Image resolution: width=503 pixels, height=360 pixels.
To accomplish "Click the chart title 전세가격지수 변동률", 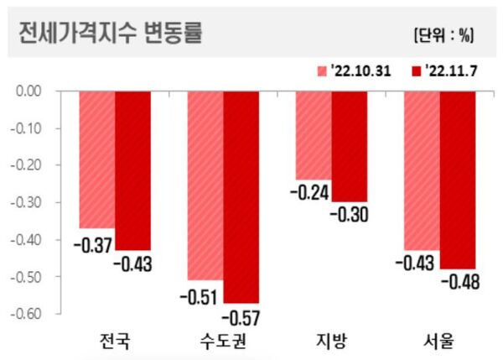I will pos(110,33).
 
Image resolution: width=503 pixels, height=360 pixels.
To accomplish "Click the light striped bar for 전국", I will pos(97,159).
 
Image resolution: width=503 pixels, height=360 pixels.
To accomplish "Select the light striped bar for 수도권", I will pos(205,185).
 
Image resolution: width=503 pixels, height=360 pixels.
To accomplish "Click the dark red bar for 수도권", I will pos(241,196).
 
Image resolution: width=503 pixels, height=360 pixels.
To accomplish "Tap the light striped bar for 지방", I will pos(314,135).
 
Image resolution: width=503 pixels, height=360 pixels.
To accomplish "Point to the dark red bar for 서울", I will pos(458,180).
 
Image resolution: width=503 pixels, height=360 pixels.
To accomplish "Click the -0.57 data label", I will pos(241,319).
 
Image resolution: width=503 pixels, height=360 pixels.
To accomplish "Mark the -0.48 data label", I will pos(460,282).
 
